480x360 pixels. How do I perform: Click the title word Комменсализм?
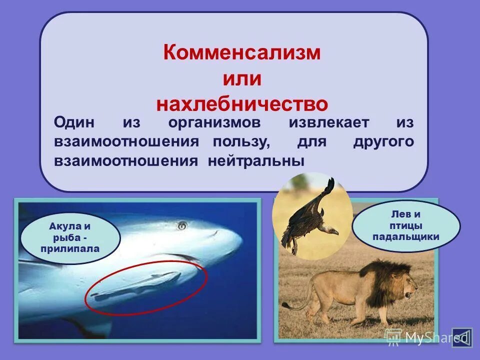[x=241, y=52]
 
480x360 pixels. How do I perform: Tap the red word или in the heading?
[x=241, y=78]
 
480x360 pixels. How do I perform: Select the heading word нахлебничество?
[x=242, y=104]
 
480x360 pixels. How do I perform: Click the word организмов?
[x=220, y=122]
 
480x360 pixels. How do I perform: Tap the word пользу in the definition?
[x=241, y=141]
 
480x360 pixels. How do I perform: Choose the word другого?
[x=383, y=141]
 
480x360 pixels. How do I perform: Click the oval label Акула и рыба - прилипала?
[x=70, y=236]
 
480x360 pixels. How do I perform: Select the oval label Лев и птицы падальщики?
[x=405, y=225]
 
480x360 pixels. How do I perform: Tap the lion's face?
[x=407, y=287]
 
